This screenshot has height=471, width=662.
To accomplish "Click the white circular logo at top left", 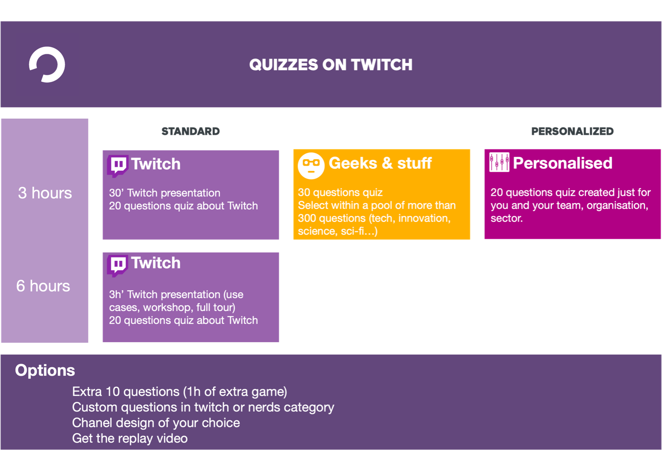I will click(47, 64).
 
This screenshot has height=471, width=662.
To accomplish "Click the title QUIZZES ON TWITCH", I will click(331, 65).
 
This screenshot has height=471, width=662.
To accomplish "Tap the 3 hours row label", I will click(45, 193).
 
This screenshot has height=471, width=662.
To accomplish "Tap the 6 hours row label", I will click(43, 286).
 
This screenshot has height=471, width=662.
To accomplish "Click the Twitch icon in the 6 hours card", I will click(118, 265).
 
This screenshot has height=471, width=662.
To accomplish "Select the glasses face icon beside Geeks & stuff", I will click(311, 165).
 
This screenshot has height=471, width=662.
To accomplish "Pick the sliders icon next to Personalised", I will click(499, 162).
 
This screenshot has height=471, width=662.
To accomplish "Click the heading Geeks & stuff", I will click(380, 163).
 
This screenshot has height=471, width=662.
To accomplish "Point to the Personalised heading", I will click(562, 163).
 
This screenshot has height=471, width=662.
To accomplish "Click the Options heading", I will click(45, 370).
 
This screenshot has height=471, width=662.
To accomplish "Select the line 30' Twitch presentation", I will click(165, 193).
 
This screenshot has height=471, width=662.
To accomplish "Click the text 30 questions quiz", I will click(340, 192).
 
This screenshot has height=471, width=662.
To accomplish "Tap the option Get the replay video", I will click(130, 438).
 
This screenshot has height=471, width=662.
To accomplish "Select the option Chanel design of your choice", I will click(156, 423).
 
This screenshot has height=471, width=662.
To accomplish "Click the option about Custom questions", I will click(203, 407).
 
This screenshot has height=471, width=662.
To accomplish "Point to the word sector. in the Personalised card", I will click(507, 218).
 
